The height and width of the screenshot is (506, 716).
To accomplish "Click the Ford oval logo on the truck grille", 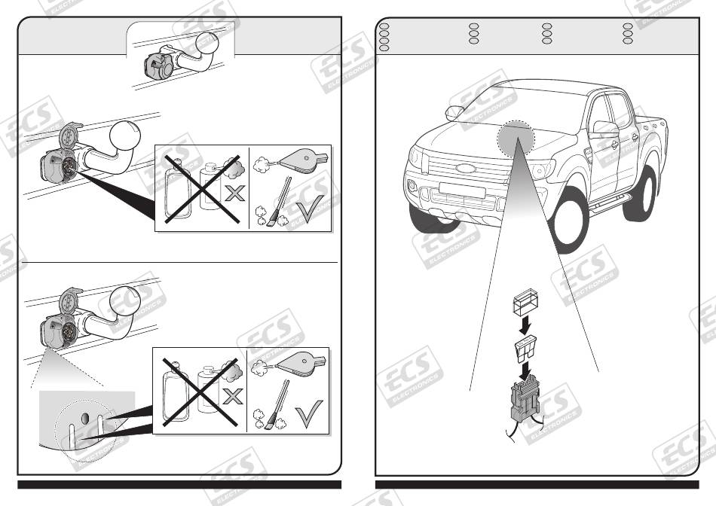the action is click(x=466, y=168).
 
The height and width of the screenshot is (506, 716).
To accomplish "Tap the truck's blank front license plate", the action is click(x=462, y=190).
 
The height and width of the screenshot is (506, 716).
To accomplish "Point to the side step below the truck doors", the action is click(x=610, y=203).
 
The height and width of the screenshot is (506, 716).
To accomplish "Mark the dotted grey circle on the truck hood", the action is click(x=516, y=137).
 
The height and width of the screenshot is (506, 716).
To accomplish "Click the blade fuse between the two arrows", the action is click(x=525, y=349).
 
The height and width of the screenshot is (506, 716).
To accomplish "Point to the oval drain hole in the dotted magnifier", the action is click(x=85, y=418).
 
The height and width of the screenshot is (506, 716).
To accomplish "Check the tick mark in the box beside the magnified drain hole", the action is click(x=309, y=413).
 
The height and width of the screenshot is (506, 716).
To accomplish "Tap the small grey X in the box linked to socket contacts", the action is click(x=234, y=194).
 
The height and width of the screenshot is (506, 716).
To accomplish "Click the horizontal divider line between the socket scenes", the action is click(x=180, y=263).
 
